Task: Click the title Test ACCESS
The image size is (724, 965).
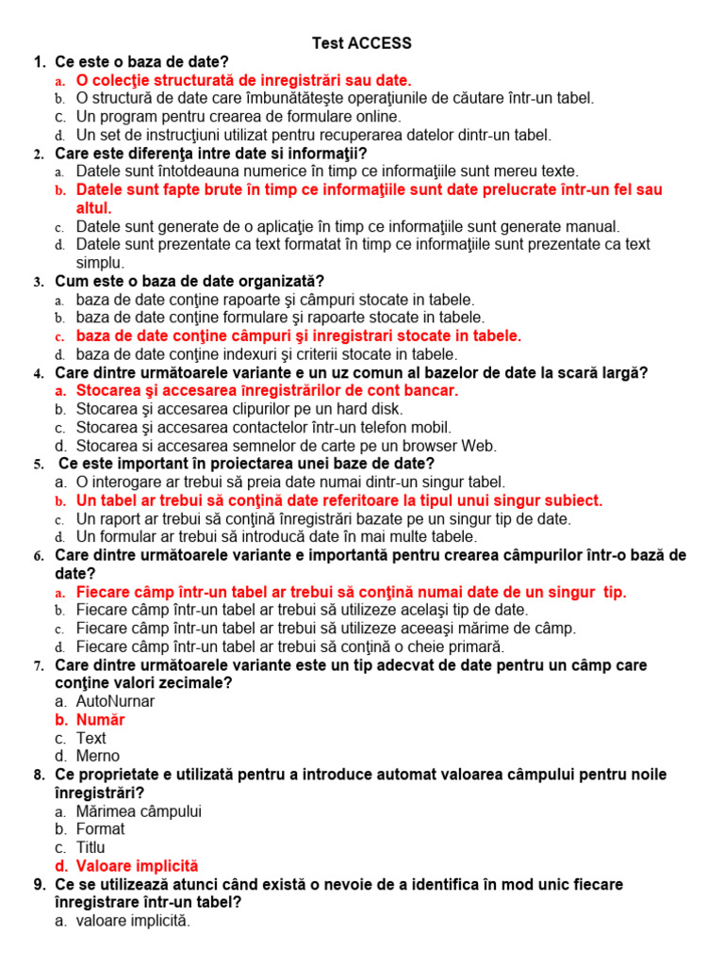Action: (x=362, y=43)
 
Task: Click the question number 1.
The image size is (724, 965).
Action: (x=39, y=62)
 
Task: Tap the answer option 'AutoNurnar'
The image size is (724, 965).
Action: (x=115, y=701)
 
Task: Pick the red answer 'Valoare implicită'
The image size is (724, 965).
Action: (x=137, y=865)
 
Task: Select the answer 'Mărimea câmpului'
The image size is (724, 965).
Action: (x=139, y=811)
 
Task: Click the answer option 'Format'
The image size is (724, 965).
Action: (x=100, y=829)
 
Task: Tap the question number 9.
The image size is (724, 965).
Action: (x=39, y=884)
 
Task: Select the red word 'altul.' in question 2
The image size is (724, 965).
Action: (x=93, y=208)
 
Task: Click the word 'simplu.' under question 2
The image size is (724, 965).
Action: (x=100, y=263)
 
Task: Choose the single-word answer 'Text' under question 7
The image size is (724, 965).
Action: (x=91, y=738)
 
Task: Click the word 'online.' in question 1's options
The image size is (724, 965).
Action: (x=374, y=117)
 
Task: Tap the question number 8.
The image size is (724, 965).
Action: (x=39, y=775)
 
